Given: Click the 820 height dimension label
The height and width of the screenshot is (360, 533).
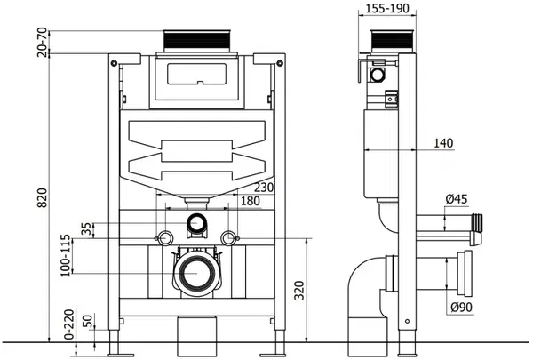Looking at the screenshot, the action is [x=42, y=197].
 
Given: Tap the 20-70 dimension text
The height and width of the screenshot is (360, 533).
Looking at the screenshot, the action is [x=42, y=42].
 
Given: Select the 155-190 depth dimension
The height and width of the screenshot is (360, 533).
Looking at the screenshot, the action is [x=387, y=8].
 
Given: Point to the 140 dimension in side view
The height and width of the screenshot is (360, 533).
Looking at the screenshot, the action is [x=443, y=143].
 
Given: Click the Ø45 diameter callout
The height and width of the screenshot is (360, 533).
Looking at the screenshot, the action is [x=457, y=199].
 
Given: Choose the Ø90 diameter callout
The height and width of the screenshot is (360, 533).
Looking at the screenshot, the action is [x=461, y=307].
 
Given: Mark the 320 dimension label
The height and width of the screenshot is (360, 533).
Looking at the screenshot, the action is [x=299, y=290].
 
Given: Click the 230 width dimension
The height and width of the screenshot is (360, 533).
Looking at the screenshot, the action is [x=264, y=188].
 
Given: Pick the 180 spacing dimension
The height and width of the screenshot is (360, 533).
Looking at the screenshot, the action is [x=251, y=201].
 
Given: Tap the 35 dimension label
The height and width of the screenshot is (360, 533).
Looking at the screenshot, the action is [x=87, y=228].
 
